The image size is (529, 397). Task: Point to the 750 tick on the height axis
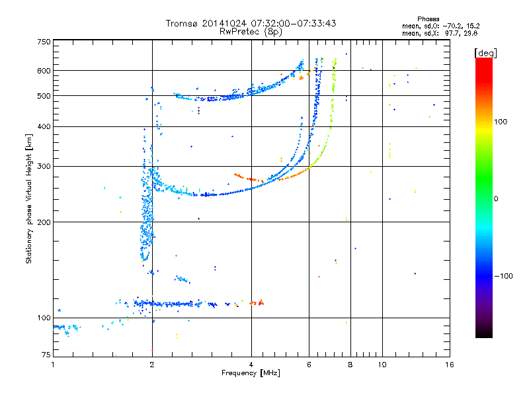pyautogui.click(x=44, y=41)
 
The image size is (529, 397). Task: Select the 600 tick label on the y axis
pyautogui.click(x=44, y=71)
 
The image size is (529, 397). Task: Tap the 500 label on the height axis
pyautogui.click(x=44, y=96)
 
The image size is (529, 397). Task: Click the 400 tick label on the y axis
pyautogui.click(x=44, y=127)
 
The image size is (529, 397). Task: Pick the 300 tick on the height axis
pyautogui.click(x=44, y=167)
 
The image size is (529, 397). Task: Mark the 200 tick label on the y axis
pyautogui.click(x=44, y=222)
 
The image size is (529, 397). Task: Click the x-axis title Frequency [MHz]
pyautogui.click(x=251, y=373)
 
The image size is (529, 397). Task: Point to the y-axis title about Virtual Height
pyautogui.click(x=29, y=198)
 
